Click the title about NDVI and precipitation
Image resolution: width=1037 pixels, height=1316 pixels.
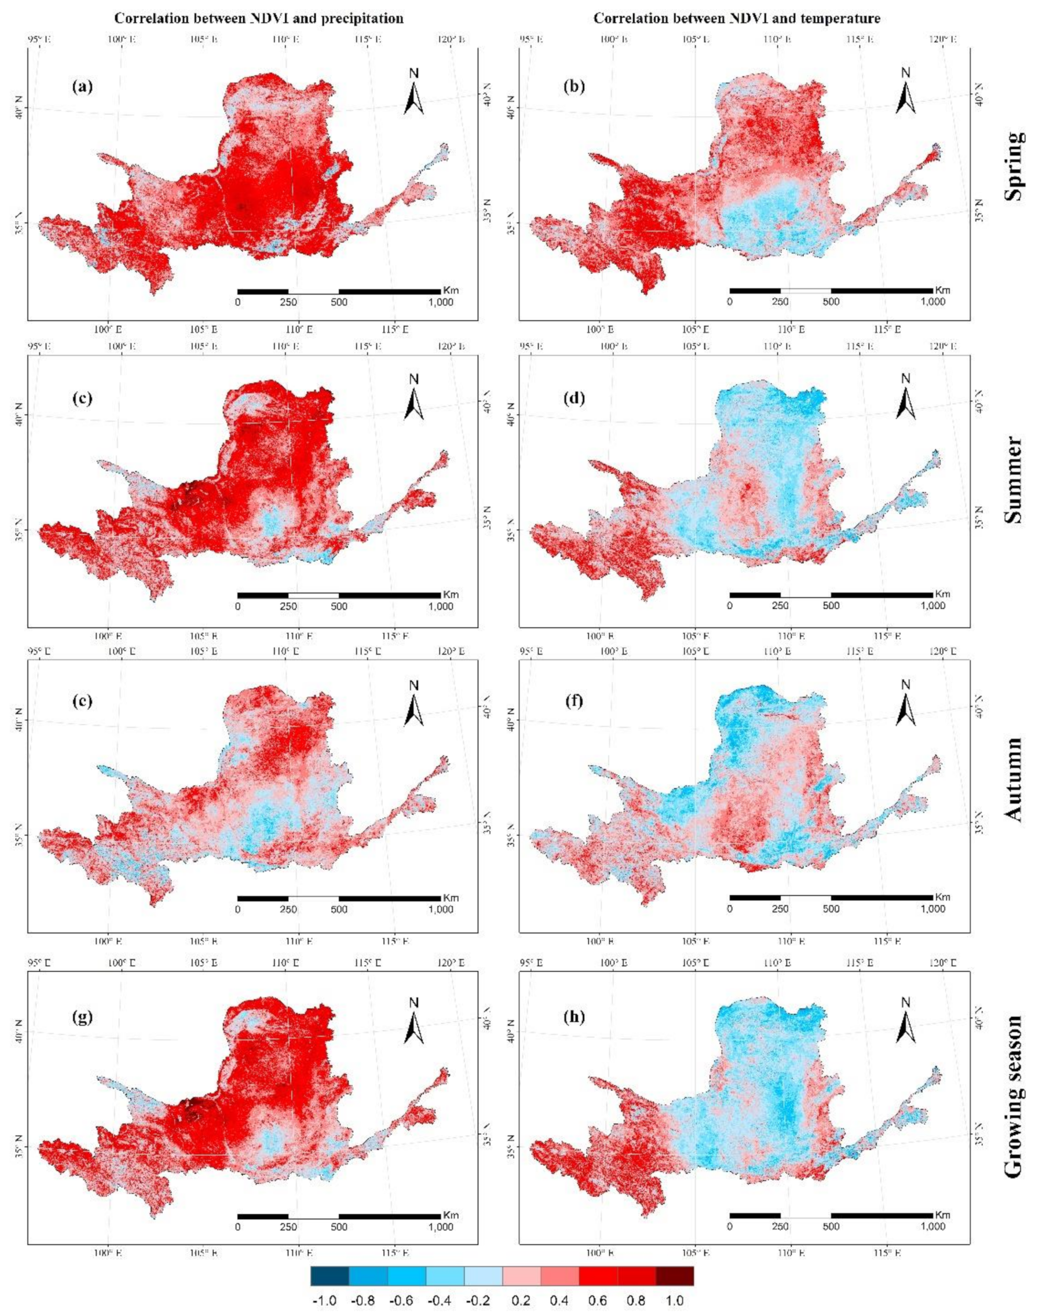pyautogui.click(x=259, y=19)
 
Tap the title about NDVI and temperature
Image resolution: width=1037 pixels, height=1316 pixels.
pyautogui.click(x=737, y=19)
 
